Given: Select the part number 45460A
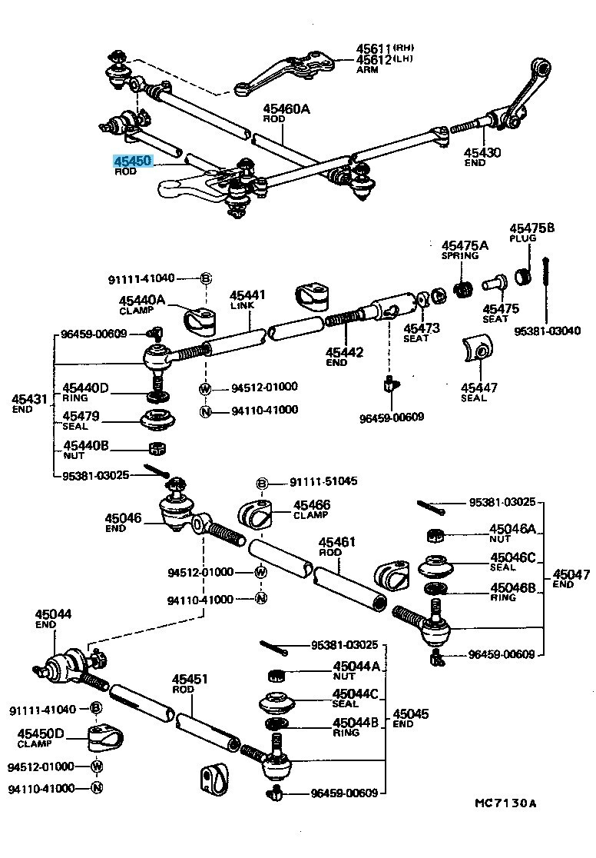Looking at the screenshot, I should pos(286,109).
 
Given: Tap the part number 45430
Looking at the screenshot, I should pos(482,153).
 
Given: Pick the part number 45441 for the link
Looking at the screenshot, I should pos(247,295).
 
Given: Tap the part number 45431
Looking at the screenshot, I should pos(29,400).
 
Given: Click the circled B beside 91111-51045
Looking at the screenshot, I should pos(261,483).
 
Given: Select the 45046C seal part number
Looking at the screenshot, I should pos(512,557).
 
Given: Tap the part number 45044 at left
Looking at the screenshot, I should pos(53,614).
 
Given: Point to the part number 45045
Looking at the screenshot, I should pos(412,713).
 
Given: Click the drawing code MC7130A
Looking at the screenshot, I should pos(505,803).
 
